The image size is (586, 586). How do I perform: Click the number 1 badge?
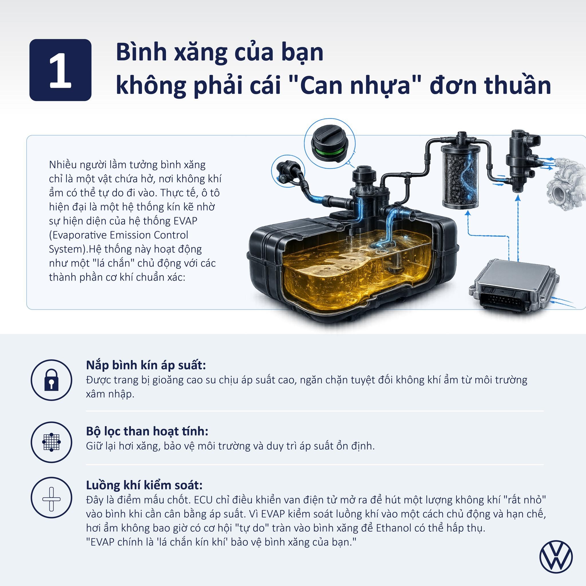tap(60, 70)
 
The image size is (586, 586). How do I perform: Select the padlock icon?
tap(51, 380)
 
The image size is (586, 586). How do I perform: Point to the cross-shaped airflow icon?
tap(51, 499)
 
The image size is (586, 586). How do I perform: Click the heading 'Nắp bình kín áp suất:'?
tap(146, 365)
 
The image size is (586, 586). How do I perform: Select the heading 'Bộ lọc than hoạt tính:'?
tap(147, 431)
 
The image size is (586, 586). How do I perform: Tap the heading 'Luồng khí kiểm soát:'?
tap(144, 485)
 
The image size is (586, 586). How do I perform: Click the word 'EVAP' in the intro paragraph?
tap(185, 221)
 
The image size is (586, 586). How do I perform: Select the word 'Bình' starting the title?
tap(141, 52)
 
